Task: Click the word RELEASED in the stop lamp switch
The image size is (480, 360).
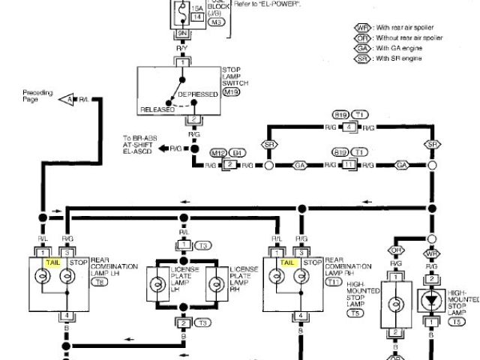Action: tap(157, 109)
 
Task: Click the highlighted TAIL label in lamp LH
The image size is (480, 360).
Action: tap(52, 263)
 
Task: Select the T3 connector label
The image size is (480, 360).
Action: tap(203, 246)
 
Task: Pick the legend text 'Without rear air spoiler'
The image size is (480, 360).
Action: tap(409, 38)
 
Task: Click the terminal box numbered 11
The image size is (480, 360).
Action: tap(348, 163)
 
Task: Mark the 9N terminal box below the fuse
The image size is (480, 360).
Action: tap(181, 34)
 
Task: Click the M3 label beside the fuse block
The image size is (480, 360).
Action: tap(217, 23)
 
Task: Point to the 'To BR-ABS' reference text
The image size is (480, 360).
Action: tap(137, 139)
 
